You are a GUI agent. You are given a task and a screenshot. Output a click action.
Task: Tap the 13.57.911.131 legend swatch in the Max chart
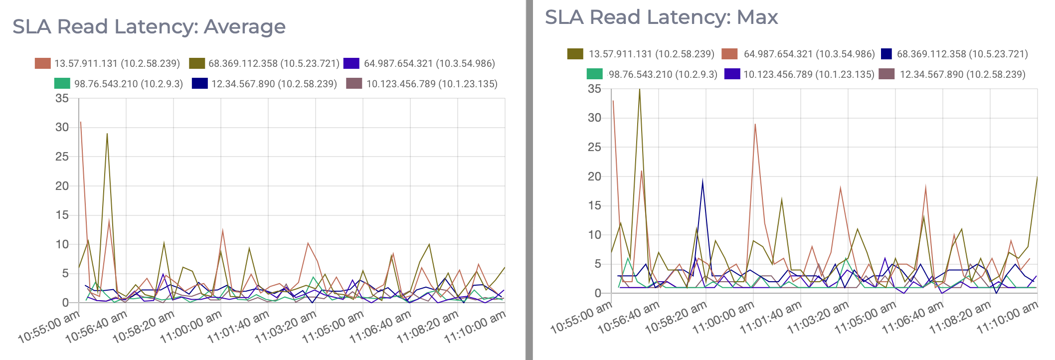(x=575, y=54)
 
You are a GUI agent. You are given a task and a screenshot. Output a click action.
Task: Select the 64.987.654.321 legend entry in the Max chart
(x=809, y=54)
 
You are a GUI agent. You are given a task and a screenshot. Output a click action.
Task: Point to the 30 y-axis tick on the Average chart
(x=62, y=128)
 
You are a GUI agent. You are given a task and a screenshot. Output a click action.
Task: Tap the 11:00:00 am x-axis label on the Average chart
(x=191, y=326)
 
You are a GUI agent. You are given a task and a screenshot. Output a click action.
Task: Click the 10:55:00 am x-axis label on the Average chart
(x=49, y=326)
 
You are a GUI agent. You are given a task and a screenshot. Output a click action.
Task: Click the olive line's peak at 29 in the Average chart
(x=107, y=134)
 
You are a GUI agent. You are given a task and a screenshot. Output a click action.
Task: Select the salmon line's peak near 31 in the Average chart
(x=81, y=122)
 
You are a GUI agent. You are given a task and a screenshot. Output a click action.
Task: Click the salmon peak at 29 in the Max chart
(x=755, y=124)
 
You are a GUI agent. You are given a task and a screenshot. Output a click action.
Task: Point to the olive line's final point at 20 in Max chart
(x=1037, y=177)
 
